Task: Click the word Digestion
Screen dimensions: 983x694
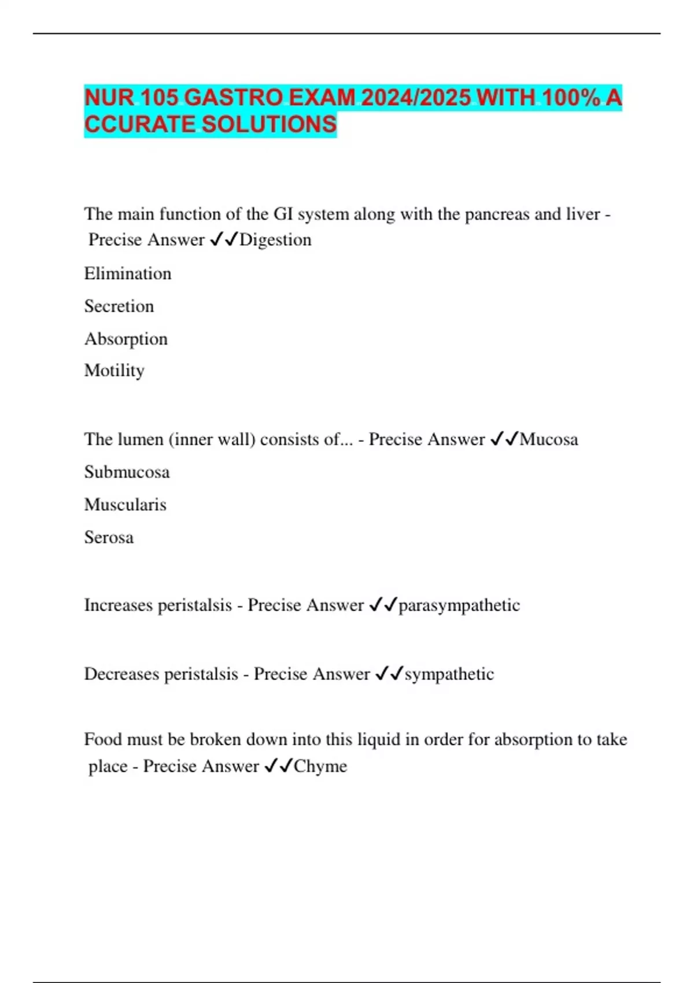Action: point(275,240)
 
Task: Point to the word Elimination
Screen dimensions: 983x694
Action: point(128,274)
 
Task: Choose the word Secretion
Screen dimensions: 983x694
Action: point(119,306)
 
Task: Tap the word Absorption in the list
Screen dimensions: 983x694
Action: point(126,339)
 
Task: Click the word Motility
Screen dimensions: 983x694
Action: point(114,371)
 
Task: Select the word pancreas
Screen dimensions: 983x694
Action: point(497,215)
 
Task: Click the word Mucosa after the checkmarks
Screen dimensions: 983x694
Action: point(549,439)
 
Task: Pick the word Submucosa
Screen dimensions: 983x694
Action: point(127,472)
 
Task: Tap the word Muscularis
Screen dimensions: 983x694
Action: point(125,505)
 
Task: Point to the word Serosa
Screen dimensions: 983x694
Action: point(109,538)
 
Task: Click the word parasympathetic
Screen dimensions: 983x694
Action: point(459,605)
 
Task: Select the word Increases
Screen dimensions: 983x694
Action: point(118,605)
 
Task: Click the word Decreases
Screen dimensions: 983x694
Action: point(121,674)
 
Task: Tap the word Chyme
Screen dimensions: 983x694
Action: point(320,767)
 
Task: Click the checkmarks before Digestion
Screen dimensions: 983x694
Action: point(224,240)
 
